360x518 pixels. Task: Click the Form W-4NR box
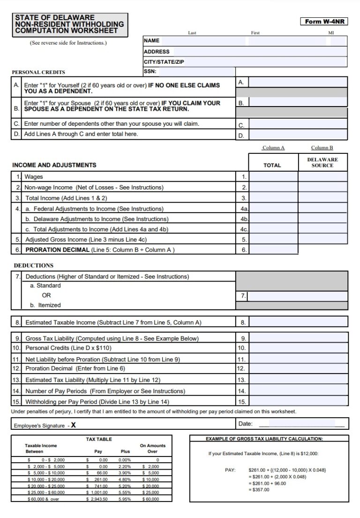(x=324, y=22)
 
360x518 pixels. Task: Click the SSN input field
(x=197, y=72)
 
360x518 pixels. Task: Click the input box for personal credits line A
(x=298, y=83)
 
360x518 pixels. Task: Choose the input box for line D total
(x=298, y=135)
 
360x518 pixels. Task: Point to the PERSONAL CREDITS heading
(x=38, y=72)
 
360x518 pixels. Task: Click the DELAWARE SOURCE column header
(x=322, y=162)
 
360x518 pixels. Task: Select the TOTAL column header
(x=272, y=165)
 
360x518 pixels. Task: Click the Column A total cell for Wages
(x=273, y=177)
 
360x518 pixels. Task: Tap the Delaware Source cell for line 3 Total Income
(x=323, y=198)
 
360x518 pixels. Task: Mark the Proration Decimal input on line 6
(x=273, y=250)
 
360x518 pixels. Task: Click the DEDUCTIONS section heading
(x=34, y=266)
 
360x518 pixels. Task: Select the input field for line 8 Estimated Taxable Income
(x=298, y=322)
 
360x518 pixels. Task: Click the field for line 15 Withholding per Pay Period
(x=298, y=401)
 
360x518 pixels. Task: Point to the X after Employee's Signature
(x=73, y=425)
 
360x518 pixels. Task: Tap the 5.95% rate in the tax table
(x=125, y=499)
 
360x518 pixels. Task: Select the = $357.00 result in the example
(x=259, y=490)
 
